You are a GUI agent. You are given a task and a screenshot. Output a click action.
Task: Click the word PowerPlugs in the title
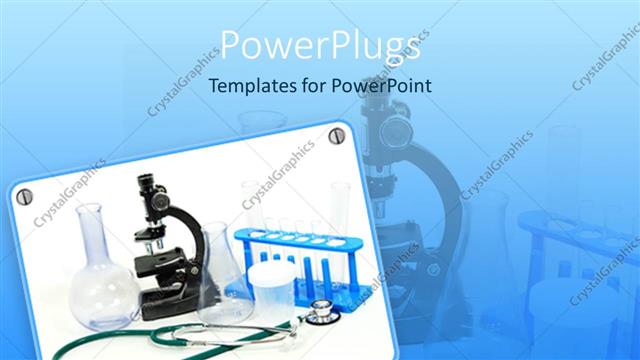click(x=320, y=45)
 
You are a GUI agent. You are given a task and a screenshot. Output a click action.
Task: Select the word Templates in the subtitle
click(x=250, y=86)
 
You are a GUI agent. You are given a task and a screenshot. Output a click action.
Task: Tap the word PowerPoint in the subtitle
click(x=380, y=86)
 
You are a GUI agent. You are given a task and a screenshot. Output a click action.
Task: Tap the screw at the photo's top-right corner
click(x=336, y=136)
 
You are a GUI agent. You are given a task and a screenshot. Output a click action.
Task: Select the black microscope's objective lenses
click(x=153, y=243)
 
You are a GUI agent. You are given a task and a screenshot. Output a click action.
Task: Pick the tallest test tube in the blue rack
click(x=340, y=215)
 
